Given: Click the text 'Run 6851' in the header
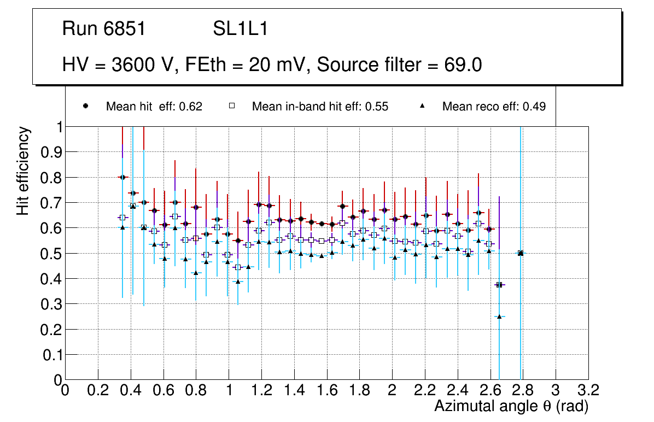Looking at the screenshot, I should (104, 29).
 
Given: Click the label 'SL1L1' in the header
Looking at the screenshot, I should (240, 29).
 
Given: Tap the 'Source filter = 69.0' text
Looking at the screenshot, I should (399, 65).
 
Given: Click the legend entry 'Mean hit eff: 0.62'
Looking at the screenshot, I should (154, 107).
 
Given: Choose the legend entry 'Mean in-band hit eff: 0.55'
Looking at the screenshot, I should (320, 107).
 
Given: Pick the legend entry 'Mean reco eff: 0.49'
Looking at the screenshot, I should (494, 107).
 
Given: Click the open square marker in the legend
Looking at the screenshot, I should (231, 106).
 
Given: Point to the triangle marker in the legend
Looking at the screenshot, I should (422, 106).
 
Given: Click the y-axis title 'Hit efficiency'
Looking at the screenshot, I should (23, 171).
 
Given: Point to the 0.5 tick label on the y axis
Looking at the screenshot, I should (52, 254).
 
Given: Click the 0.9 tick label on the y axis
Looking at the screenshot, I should (52, 152).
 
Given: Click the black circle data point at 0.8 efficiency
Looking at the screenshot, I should (122, 177).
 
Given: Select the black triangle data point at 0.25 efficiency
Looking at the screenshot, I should (499, 316).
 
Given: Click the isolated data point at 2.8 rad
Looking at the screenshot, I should (521, 253).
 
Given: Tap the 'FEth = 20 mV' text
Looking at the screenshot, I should (248, 65).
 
